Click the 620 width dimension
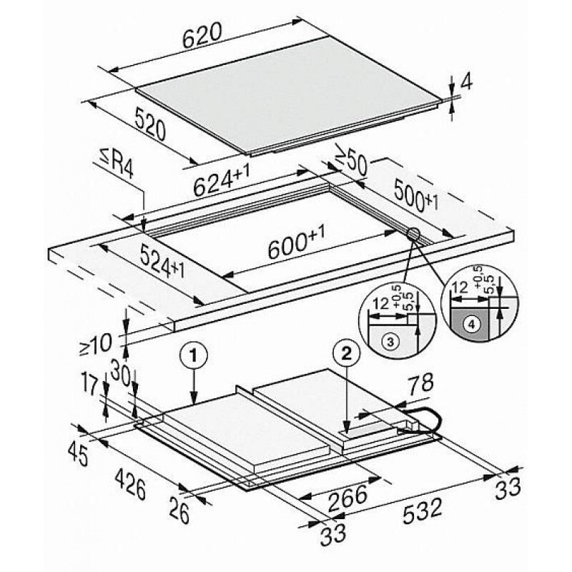[x=202, y=35]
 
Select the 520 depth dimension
[x=150, y=124]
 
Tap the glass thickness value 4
[x=466, y=83]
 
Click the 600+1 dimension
[x=296, y=242]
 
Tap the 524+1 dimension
[x=162, y=261]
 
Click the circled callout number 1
[x=193, y=355]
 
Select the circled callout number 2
[x=347, y=353]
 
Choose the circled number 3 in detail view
[x=390, y=342]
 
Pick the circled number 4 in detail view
[x=472, y=325]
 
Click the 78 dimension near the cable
[x=420, y=385]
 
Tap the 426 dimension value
[x=131, y=484]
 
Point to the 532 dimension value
[x=423, y=510]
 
